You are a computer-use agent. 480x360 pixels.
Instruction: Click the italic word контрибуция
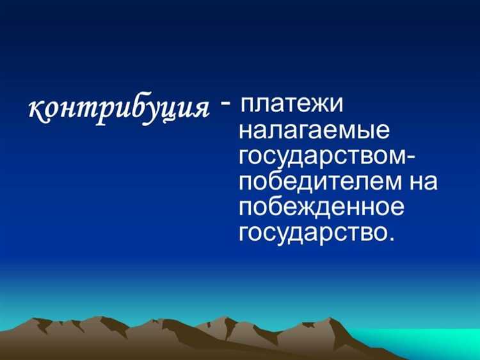(120, 110)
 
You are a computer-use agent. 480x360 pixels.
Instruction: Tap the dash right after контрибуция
(226, 102)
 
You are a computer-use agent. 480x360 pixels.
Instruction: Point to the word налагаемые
(314, 133)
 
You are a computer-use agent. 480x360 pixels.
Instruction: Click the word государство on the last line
(311, 232)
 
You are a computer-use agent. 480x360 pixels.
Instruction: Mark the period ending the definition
(387, 239)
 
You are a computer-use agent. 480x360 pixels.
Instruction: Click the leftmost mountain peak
(42, 319)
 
